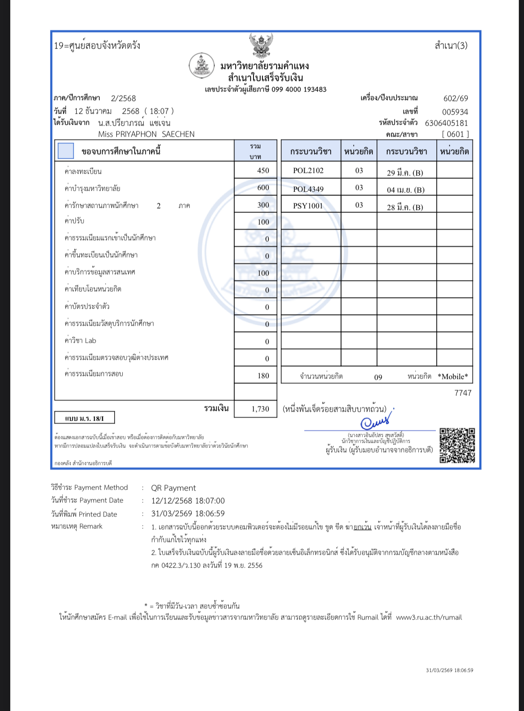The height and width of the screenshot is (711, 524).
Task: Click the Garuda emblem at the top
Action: (261, 46)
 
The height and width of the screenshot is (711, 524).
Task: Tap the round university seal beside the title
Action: (201, 66)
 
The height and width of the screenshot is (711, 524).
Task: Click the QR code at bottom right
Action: (457, 445)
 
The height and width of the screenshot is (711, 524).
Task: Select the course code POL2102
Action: (308, 171)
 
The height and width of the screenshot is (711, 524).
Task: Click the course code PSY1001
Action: (308, 206)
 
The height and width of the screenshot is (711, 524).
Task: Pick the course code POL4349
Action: (308, 189)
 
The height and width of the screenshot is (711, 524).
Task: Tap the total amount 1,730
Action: (260, 409)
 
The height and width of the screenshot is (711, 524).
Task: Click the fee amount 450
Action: (263, 171)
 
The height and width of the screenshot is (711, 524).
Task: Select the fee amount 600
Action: (263, 188)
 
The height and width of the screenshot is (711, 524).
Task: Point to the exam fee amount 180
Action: (263, 376)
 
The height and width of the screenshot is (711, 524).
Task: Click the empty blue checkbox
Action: (66, 151)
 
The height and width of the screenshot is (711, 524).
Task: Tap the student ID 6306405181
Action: (446, 123)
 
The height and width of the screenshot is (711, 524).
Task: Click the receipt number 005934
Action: (455, 112)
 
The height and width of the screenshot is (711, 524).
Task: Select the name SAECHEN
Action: (178, 134)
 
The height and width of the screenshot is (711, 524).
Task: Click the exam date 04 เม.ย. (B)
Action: (405, 190)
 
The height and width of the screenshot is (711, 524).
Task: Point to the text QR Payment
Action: (173, 488)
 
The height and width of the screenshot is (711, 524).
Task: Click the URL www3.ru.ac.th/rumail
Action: (429, 617)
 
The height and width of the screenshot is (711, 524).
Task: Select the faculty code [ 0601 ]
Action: (455, 134)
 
